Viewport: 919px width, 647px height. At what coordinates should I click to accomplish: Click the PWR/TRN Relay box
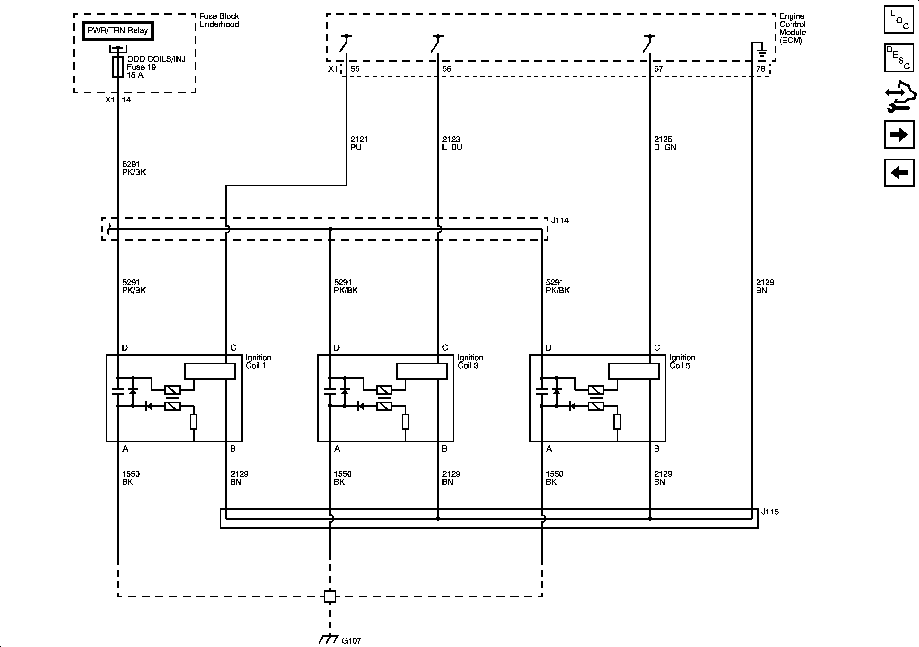pyautogui.click(x=118, y=30)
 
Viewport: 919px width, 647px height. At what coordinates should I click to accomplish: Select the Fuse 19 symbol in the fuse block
pyautogui.click(x=118, y=67)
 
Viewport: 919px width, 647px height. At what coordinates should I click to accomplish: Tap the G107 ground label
pyautogui.click(x=351, y=641)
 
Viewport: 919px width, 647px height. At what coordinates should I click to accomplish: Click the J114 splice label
pyautogui.click(x=560, y=220)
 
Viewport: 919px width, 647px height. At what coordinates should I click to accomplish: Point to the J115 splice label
pyautogui.click(x=770, y=512)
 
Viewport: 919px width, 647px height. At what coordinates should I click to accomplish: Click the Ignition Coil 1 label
pyautogui.click(x=258, y=361)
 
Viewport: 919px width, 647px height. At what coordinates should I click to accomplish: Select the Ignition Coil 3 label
pyautogui.click(x=470, y=361)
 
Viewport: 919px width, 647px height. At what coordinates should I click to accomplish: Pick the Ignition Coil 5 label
pyautogui.click(x=682, y=361)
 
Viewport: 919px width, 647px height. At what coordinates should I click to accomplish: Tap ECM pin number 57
pyautogui.click(x=658, y=69)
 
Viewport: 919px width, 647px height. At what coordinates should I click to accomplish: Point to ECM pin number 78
pyautogui.click(x=760, y=69)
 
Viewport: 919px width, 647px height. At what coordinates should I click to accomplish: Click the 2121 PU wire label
pyautogui.click(x=359, y=143)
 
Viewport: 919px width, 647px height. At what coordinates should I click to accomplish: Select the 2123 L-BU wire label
pyautogui.click(x=452, y=143)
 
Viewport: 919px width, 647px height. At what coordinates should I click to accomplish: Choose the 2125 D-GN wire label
pyautogui.click(x=665, y=143)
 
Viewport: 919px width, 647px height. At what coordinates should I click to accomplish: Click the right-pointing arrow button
pyautogui.click(x=899, y=134)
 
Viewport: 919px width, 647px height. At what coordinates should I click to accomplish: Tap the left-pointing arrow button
pyautogui.click(x=899, y=173)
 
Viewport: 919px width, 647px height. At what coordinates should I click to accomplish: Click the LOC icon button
pyautogui.click(x=899, y=20)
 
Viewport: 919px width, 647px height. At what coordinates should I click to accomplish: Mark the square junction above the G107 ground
pyautogui.click(x=330, y=596)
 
